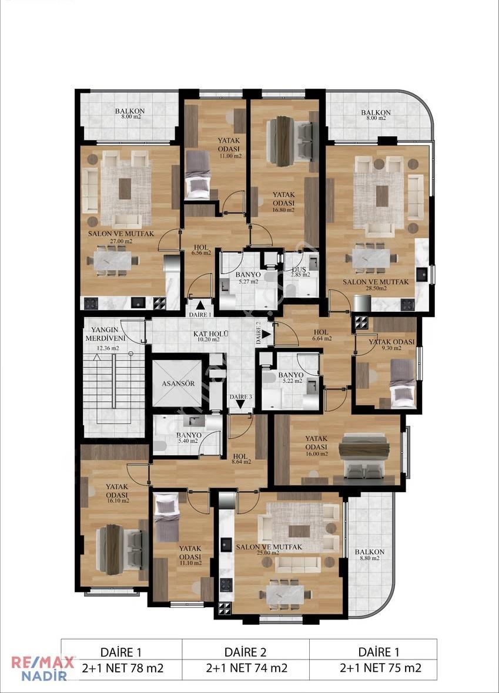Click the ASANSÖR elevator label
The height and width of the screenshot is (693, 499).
178,383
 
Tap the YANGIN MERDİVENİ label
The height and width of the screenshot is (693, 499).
105,334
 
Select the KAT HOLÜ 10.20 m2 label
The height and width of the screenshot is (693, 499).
210,337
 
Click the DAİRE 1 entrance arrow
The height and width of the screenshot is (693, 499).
200,305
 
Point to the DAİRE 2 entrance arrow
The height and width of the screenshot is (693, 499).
266,334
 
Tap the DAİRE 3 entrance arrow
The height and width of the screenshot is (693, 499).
240,404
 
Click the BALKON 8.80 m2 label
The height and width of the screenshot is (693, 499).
369,554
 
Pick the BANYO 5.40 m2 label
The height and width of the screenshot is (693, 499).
189,438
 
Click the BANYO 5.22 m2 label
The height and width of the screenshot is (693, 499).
290,378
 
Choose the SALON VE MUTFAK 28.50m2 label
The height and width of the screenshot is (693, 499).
376,285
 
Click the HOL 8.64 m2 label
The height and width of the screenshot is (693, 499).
241,459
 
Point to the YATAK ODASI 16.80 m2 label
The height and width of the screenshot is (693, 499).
283,202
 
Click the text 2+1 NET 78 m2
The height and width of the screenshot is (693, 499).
122,668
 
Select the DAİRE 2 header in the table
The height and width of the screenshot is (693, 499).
246,652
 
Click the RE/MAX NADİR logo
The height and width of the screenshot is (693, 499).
42,669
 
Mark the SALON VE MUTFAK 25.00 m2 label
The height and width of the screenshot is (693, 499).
269,549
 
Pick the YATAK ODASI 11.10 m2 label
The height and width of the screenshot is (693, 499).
190,556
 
